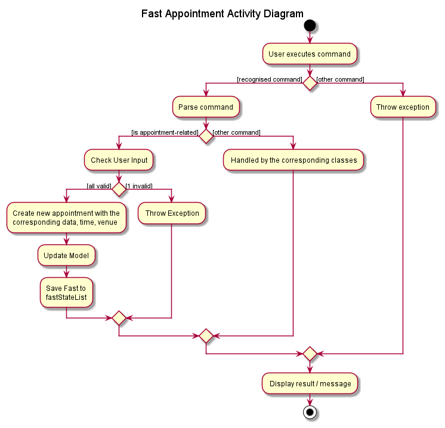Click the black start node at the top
pos(310,26)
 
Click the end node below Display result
pos(310,412)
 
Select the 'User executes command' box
pos(310,54)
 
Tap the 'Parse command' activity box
pos(206,107)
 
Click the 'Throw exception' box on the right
pos(403,107)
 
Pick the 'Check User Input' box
pos(119,160)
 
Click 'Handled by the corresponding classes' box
pos(293,160)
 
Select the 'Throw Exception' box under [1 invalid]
pos(172,213)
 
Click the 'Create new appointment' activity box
pos(66,218)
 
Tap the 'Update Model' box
pos(66,255)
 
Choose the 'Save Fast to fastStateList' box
pos(66,293)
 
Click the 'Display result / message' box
pos(310,383)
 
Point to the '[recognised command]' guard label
pos(269,79)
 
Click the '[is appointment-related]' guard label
pos(165,132)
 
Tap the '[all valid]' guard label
pos(99,186)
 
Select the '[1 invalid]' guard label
pos(139,186)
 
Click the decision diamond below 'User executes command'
pos(310,83)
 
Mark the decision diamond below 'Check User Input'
pos(119,189)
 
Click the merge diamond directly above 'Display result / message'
pos(310,354)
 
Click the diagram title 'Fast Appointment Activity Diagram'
pos(222,14)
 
